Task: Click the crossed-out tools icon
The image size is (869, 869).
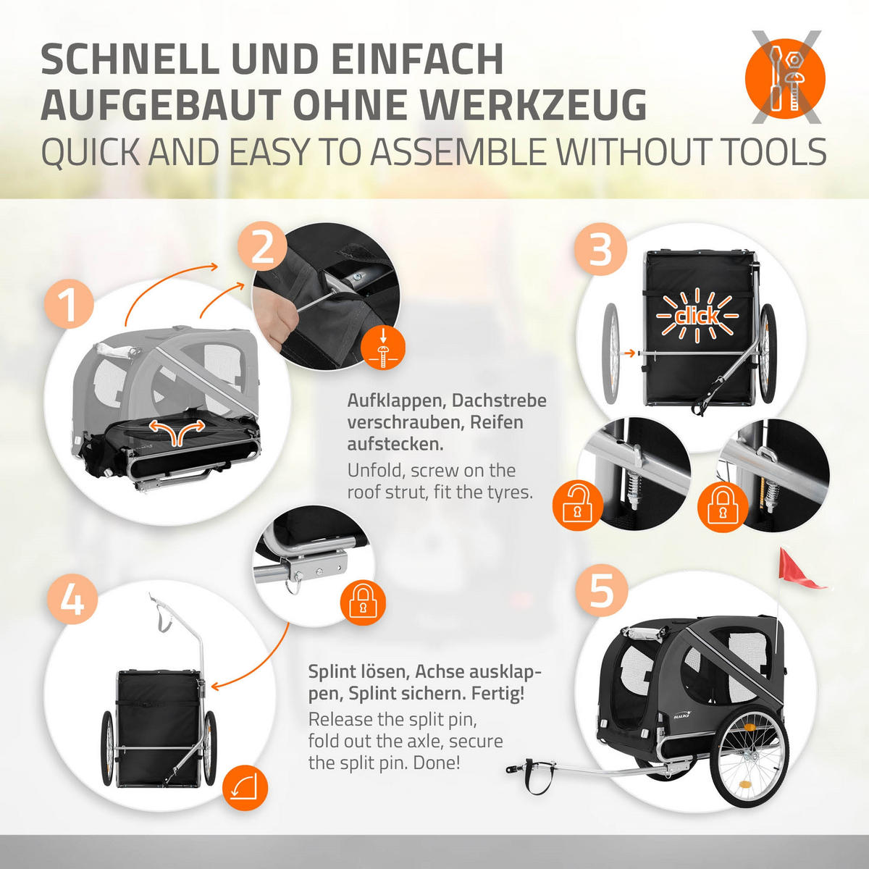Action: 786,77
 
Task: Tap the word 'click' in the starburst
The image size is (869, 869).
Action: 697,316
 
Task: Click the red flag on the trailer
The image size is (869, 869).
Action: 800,569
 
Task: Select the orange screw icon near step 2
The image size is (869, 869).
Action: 383,348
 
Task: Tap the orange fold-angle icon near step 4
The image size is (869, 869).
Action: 245,789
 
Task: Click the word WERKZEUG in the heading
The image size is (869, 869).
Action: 534,105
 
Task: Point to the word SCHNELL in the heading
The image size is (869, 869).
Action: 129,59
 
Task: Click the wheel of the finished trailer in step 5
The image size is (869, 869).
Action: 749,759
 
